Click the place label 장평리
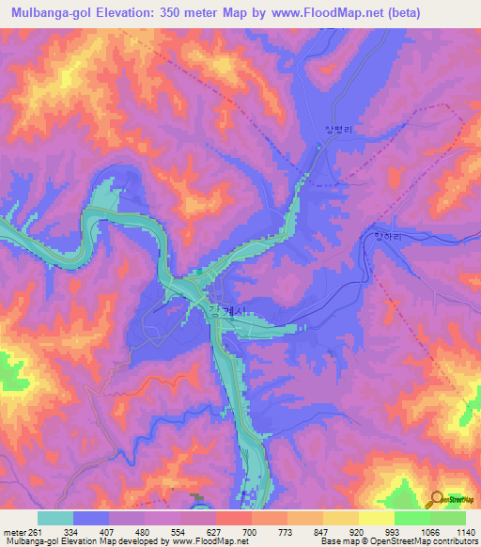[323, 133]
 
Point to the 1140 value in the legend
[464, 532]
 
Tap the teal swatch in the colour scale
[55, 518]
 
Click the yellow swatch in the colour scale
[377, 518]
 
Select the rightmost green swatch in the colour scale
[448, 518]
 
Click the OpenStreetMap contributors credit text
[433, 542]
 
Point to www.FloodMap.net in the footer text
[204, 542]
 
